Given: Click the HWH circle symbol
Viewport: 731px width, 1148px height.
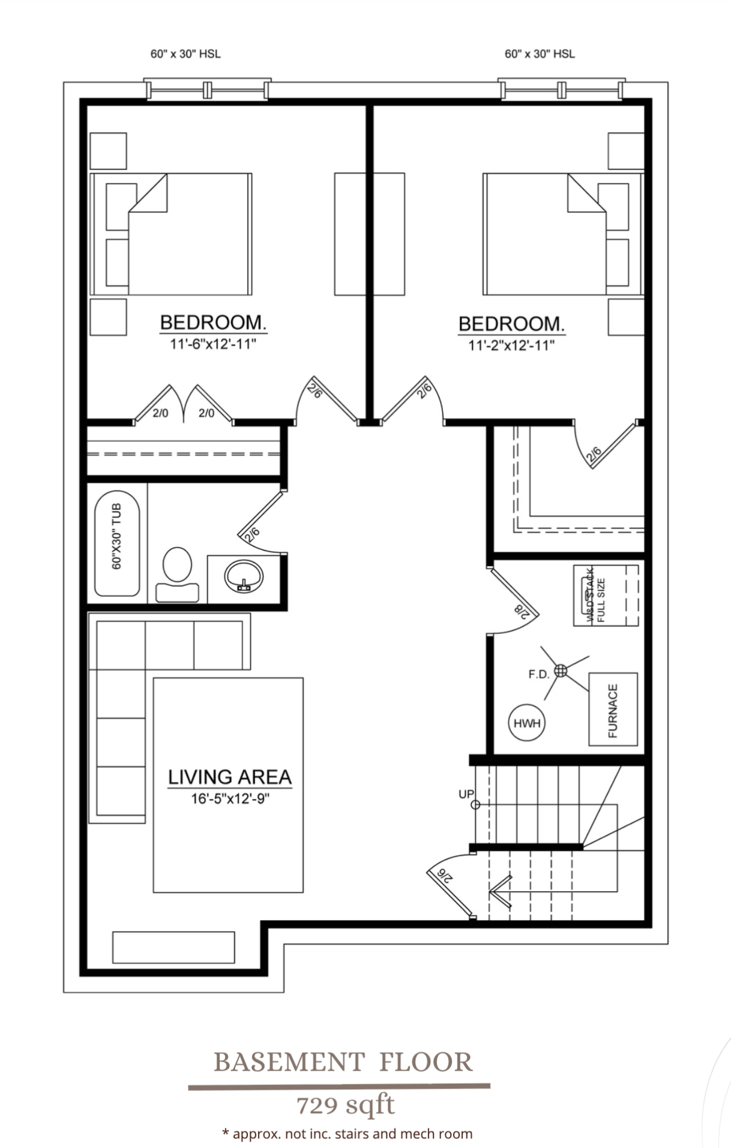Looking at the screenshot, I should pyautogui.click(x=526, y=723).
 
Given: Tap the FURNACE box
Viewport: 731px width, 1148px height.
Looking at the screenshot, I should pyautogui.click(x=612, y=710).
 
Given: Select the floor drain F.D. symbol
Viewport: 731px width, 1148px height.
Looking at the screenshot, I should pyautogui.click(x=560, y=671).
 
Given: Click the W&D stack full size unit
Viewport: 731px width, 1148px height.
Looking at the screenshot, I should pyautogui.click(x=606, y=595).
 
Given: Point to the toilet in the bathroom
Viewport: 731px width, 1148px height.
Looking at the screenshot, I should pyautogui.click(x=177, y=573).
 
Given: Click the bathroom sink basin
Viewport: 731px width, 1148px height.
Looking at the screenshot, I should pyautogui.click(x=244, y=577).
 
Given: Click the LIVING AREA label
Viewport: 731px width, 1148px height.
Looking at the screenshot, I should pyautogui.click(x=229, y=777).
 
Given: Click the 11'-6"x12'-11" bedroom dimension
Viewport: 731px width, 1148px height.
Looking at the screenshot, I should pyautogui.click(x=213, y=344).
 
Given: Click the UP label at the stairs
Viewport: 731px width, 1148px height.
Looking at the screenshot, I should pyautogui.click(x=466, y=794).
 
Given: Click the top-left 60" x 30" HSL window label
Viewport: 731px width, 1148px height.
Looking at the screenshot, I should pyautogui.click(x=185, y=54).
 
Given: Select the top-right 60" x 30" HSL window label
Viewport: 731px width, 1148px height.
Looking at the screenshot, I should pyautogui.click(x=540, y=54).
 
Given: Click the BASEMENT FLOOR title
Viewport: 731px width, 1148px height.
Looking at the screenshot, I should pyautogui.click(x=343, y=1062).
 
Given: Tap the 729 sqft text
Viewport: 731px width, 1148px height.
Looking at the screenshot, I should pyautogui.click(x=346, y=1104).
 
